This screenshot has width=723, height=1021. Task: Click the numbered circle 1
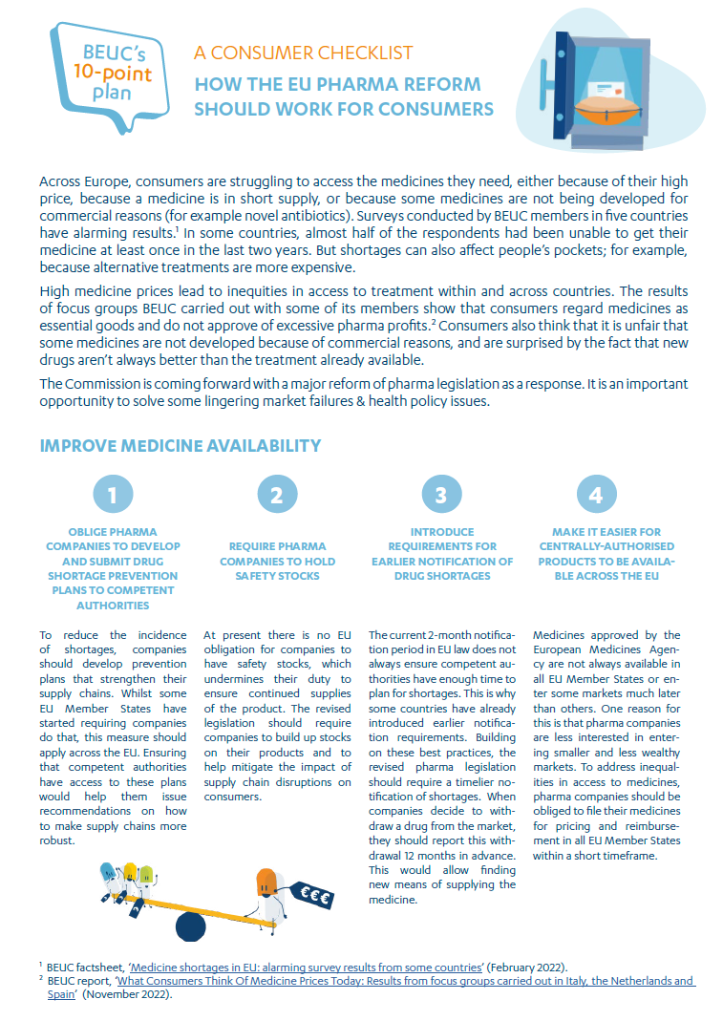tap(113, 495)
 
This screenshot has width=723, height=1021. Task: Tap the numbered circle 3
tap(441, 495)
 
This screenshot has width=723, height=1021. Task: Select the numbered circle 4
tap(597, 495)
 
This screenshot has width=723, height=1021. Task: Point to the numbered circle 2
tap(277, 495)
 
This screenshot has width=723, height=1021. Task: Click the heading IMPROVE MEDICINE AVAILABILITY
tap(181, 446)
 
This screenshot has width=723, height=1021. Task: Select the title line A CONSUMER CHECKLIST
tap(303, 53)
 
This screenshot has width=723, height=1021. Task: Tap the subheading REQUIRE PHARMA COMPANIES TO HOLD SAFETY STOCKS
tap(277, 561)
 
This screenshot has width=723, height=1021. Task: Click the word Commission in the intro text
tap(102, 383)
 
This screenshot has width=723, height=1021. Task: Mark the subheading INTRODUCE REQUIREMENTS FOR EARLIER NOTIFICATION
tap(441, 554)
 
